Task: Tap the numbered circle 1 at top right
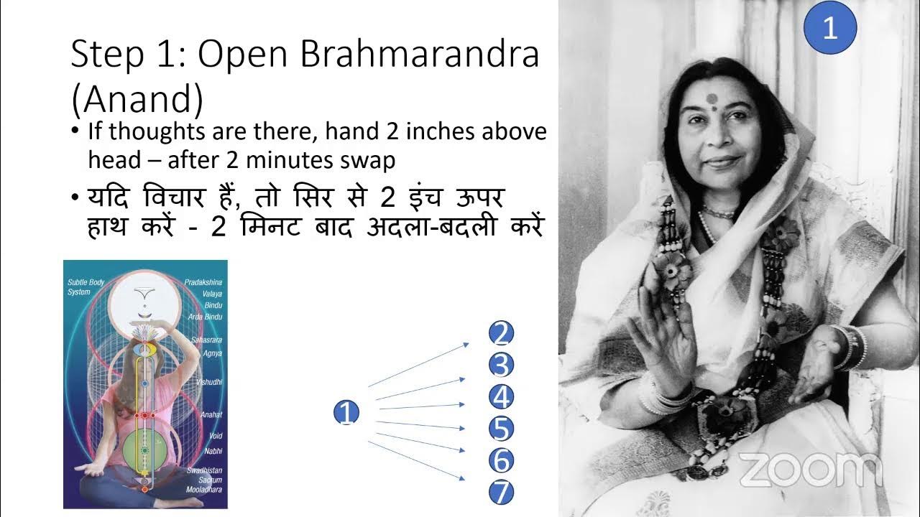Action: pyautogui.click(x=830, y=29)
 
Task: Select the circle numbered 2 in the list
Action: pyautogui.click(x=501, y=334)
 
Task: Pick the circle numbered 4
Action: pyautogui.click(x=501, y=397)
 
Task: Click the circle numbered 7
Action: pyautogui.click(x=501, y=493)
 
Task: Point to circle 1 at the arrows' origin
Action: pyautogui.click(x=346, y=413)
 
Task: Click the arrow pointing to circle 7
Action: pyautogui.click(x=417, y=460)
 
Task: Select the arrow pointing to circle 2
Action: pyautogui.click(x=417, y=366)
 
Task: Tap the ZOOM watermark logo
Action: pyautogui.click(x=810, y=470)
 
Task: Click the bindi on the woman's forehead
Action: pyautogui.click(x=712, y=99)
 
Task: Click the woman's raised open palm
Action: pyautogui.click(x=665, y=330)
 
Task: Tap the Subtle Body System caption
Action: pyautogui.click(x=86, y=287)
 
